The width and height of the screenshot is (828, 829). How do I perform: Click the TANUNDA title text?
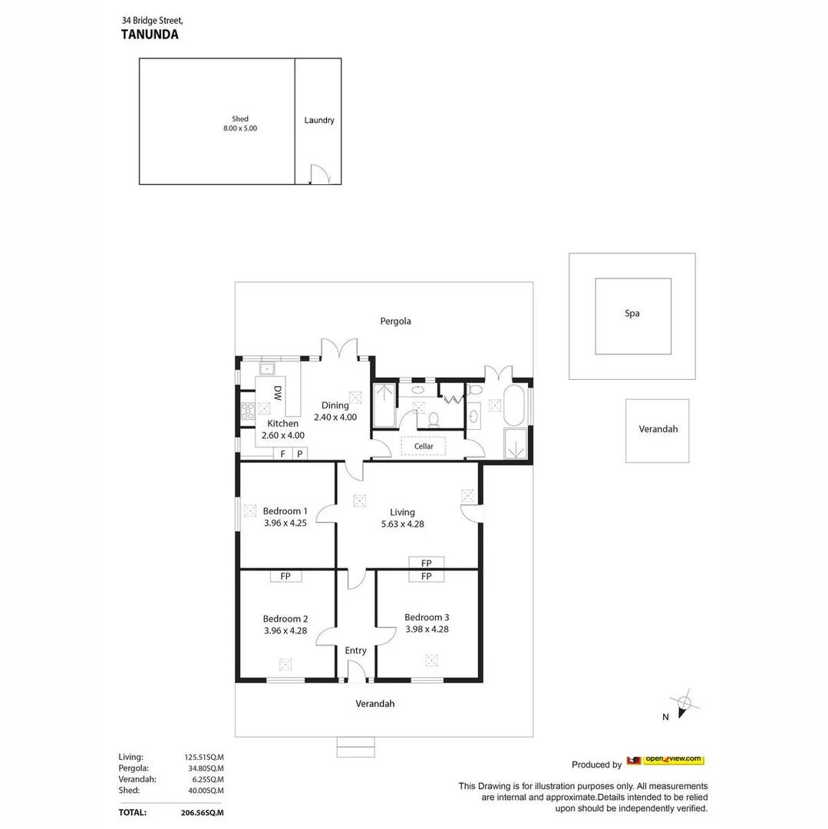pyautogui.click(x=150, y=35)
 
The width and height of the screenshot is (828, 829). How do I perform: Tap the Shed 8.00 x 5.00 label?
pyautogui.click(x=240, y=124)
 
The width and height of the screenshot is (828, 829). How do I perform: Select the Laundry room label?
pyautogui.click(x=318, y=121)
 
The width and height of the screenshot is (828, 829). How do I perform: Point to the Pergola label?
pyautogui.click(x=395, y=321)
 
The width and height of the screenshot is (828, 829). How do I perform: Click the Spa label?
pyautogui.click(x=632, y=313)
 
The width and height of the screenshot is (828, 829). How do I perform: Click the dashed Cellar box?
pyautogui.click(x=424, y=446)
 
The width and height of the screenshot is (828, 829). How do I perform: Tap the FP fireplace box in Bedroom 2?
pyautogui.click(x=285, y=576)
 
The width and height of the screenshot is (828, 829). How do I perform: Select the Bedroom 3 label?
pyautogui.click(x=427, y=617)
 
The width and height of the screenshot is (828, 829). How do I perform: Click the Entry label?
pyautogui.click(x=355, y=650)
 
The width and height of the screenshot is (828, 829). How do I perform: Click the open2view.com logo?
pyautogui.click(x=665, y=760)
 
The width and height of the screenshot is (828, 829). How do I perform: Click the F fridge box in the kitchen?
pyautogui.click(x=282, y=454)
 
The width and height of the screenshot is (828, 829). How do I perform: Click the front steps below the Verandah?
pyautogui.click(x=356, y=747)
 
